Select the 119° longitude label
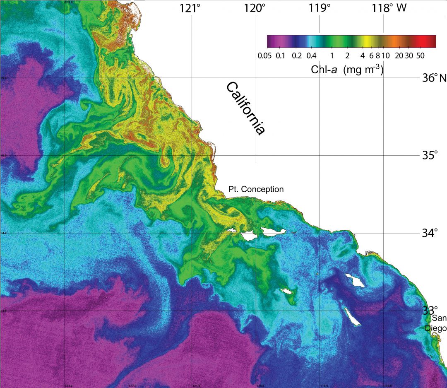(320, 8)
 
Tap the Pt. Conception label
(256, 189)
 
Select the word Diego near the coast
(436, 328)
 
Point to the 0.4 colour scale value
(311, 55)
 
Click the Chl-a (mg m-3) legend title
(347, 70)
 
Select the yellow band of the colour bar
(367, 41)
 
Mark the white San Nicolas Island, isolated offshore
(287, 291)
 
